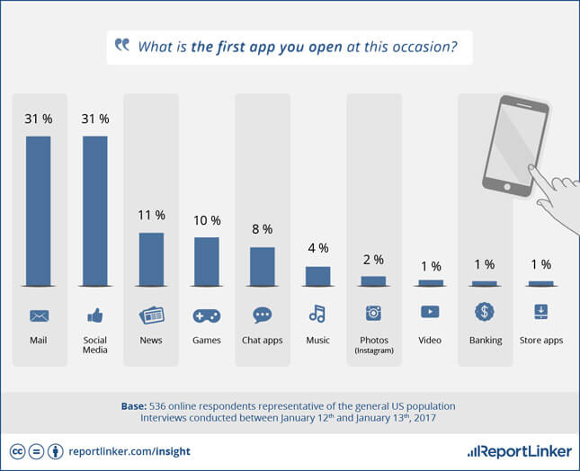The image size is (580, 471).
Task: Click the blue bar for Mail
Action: coord(38,211)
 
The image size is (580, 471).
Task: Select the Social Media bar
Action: coord(95,211)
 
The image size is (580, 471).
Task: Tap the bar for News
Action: coord(151,259)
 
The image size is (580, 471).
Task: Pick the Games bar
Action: coord(207,262)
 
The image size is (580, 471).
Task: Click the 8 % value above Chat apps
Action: coord(263,229)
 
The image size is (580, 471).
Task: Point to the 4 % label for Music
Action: coord(318,248)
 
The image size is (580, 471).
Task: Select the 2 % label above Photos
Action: coord(373,260)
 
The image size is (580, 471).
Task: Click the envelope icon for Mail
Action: coord(39,315)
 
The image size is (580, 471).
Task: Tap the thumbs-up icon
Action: coord(95,315)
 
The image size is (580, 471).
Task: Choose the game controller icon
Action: coord(207,315)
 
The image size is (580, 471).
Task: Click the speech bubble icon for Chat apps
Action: coord(263,315)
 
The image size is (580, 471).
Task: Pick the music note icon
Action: coord(317,314)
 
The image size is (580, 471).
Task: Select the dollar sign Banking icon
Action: coord(485,311)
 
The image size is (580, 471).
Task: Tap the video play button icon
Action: coord(430,312)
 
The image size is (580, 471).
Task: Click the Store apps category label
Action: coord(541,340)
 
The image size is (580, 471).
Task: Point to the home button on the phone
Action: coord(507,187)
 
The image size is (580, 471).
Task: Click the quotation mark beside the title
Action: coord(122,44)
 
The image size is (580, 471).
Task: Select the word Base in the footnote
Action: coord(133,406)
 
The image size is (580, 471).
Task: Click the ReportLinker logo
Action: coord(520,451)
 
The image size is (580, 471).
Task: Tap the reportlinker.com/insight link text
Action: coord(129,451)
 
